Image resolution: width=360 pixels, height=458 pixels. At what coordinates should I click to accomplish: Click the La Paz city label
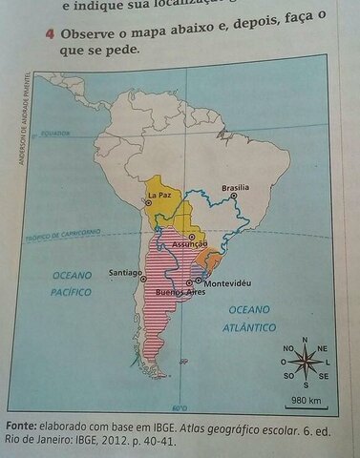(x=159, y=196)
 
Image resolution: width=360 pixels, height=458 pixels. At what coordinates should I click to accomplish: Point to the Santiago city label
(x=124, y=271)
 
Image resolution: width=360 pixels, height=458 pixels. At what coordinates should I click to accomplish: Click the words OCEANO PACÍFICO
(x=71, y=283)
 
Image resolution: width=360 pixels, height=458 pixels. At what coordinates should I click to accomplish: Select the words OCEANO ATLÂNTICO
(x=249, y=318)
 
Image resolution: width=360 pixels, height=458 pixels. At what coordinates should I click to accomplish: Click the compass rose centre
(x=305, y=362)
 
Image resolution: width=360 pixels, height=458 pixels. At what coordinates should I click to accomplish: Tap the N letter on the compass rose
(x=305, y=340)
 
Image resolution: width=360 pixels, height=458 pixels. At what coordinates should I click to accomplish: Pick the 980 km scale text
(x=305, y=399)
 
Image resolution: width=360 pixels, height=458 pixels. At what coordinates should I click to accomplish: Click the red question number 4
(x=49, y=33)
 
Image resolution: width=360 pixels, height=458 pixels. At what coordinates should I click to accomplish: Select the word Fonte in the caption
(x=20, y=425)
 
